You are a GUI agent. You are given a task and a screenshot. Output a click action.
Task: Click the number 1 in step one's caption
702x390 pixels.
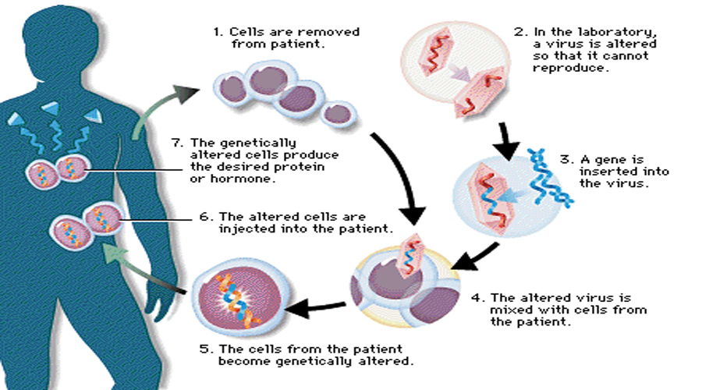217,32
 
